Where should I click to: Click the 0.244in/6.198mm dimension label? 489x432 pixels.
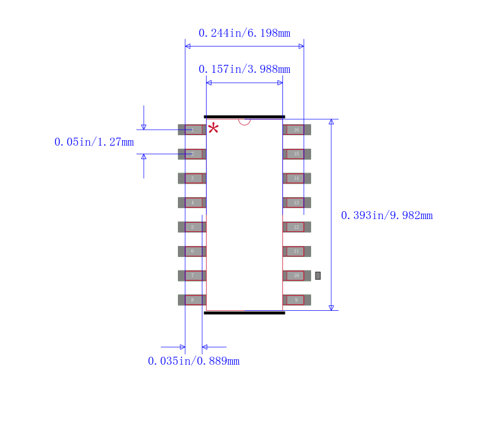click(x=244, y=33)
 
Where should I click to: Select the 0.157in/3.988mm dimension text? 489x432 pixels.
click(x=244, y=69)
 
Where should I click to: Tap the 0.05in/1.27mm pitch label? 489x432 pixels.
click(x=94, y=142)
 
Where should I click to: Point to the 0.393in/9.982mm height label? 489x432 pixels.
click(x=386, y=215)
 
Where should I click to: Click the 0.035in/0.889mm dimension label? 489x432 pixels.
click(x=193, y=361)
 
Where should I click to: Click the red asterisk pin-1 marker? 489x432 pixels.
click(x=213, y=128)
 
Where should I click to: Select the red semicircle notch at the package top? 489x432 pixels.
click(x=244, y=121)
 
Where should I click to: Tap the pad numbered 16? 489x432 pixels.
click(x=296, y=130)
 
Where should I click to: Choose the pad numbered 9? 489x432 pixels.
click(x=296, y=300)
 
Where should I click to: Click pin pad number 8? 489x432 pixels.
click(x=192, y=300)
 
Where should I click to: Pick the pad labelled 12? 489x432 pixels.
click(x=296, y=227)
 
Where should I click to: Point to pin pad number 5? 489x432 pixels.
click(x=192, y=227)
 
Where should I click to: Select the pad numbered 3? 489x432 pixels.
click(x=192, y=178)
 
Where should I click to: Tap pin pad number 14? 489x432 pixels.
click(x=296, y=178)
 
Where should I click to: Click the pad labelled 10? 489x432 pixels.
click(x=296, y=275)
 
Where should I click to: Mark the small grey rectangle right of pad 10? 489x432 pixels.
click(x=318, y=276)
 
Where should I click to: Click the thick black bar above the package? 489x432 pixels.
click(x=244, y=116)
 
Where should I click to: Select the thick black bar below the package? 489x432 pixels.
click(x=244, y=313)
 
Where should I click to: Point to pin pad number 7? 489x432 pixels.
click(x=192, y=275)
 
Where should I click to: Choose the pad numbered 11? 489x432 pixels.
click(x=296, y=251)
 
